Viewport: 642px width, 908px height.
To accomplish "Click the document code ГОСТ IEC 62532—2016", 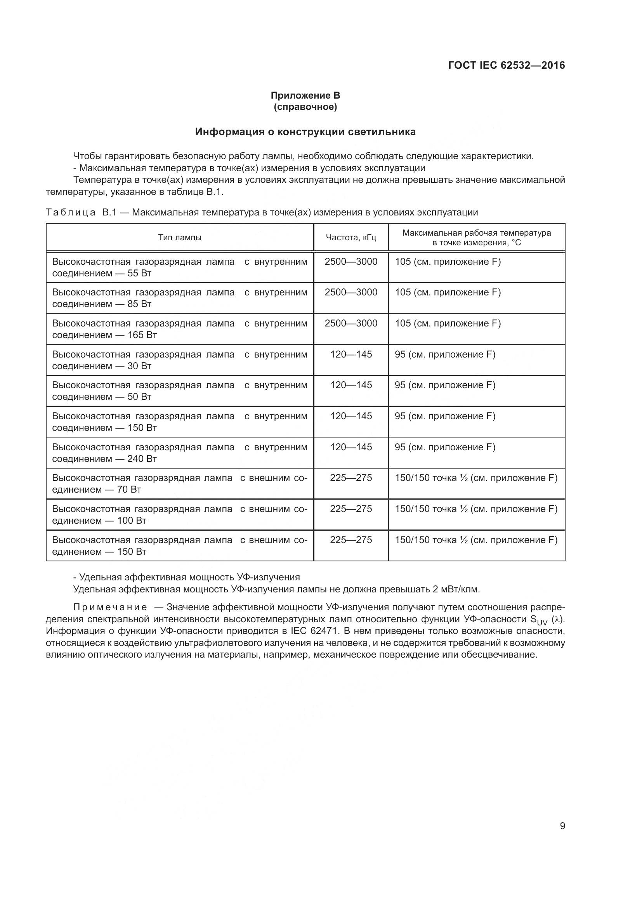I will [507, 66].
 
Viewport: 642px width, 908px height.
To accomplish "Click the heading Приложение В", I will [305, 95].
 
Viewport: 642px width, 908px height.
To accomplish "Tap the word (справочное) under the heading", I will [305, 107].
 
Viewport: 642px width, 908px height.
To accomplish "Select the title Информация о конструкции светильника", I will [305, 132].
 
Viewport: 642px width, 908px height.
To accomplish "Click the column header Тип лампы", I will [180, 238].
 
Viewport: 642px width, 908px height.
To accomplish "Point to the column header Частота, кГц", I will [351, 238].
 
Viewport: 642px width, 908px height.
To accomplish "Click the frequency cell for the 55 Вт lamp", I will [351, 262].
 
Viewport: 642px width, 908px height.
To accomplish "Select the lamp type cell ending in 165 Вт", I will [180, 329].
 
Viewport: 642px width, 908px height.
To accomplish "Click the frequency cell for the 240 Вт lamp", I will [351, 447].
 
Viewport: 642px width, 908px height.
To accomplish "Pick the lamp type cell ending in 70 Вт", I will [180, 484].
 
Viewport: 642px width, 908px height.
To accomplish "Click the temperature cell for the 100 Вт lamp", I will [476, 509].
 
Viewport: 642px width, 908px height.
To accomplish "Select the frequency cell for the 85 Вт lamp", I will [351, 293].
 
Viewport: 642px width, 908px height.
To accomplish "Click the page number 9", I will [562, 826].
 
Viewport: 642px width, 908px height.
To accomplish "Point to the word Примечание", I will [110, 608].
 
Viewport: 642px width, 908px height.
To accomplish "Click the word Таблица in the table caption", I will [71, 213].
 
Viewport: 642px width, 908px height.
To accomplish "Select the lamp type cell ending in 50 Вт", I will [180, 391].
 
